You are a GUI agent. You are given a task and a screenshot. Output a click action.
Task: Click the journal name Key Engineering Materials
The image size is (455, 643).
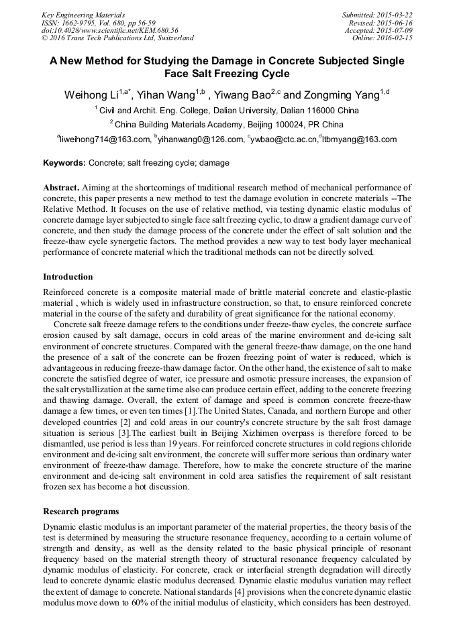83,15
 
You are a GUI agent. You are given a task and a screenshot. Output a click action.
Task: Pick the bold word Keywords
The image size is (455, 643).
64,162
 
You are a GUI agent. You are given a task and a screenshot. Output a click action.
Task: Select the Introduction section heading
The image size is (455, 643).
68,277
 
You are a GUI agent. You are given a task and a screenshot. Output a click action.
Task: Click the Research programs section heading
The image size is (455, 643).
81,512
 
